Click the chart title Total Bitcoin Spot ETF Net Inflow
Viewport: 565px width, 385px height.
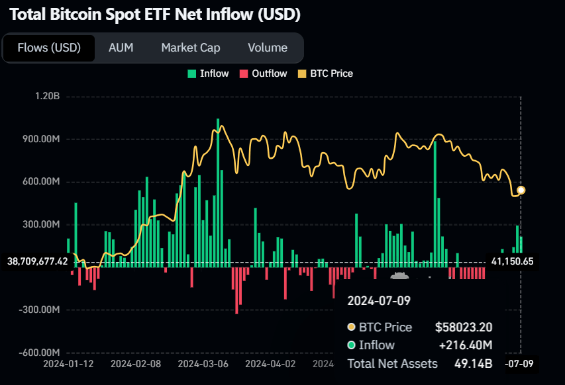click(x=155, y=13)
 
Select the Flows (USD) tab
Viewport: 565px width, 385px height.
click(x=49, y=48)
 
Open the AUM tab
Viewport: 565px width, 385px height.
click(x=121, y=48)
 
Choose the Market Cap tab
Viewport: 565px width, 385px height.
click(x=190, y=48)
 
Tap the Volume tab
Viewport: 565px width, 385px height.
click(x=268, y=48)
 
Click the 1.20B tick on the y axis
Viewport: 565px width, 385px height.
click(x=48, y=97)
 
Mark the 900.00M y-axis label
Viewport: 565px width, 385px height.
click(x=41, y=140)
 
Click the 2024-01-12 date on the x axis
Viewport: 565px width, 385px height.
click(x=68, y=363)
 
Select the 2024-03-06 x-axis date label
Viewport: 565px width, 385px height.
click(x=203, y=363)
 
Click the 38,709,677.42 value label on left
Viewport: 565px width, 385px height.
click(x=36, y=261)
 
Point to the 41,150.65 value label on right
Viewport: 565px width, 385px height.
click(x=512, y=261)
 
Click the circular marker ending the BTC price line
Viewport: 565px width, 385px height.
click(x=521, y=191)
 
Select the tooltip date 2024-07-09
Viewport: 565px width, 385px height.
click(x=379, y=301)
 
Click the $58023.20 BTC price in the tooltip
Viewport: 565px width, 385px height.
click(x=463, y=327)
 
